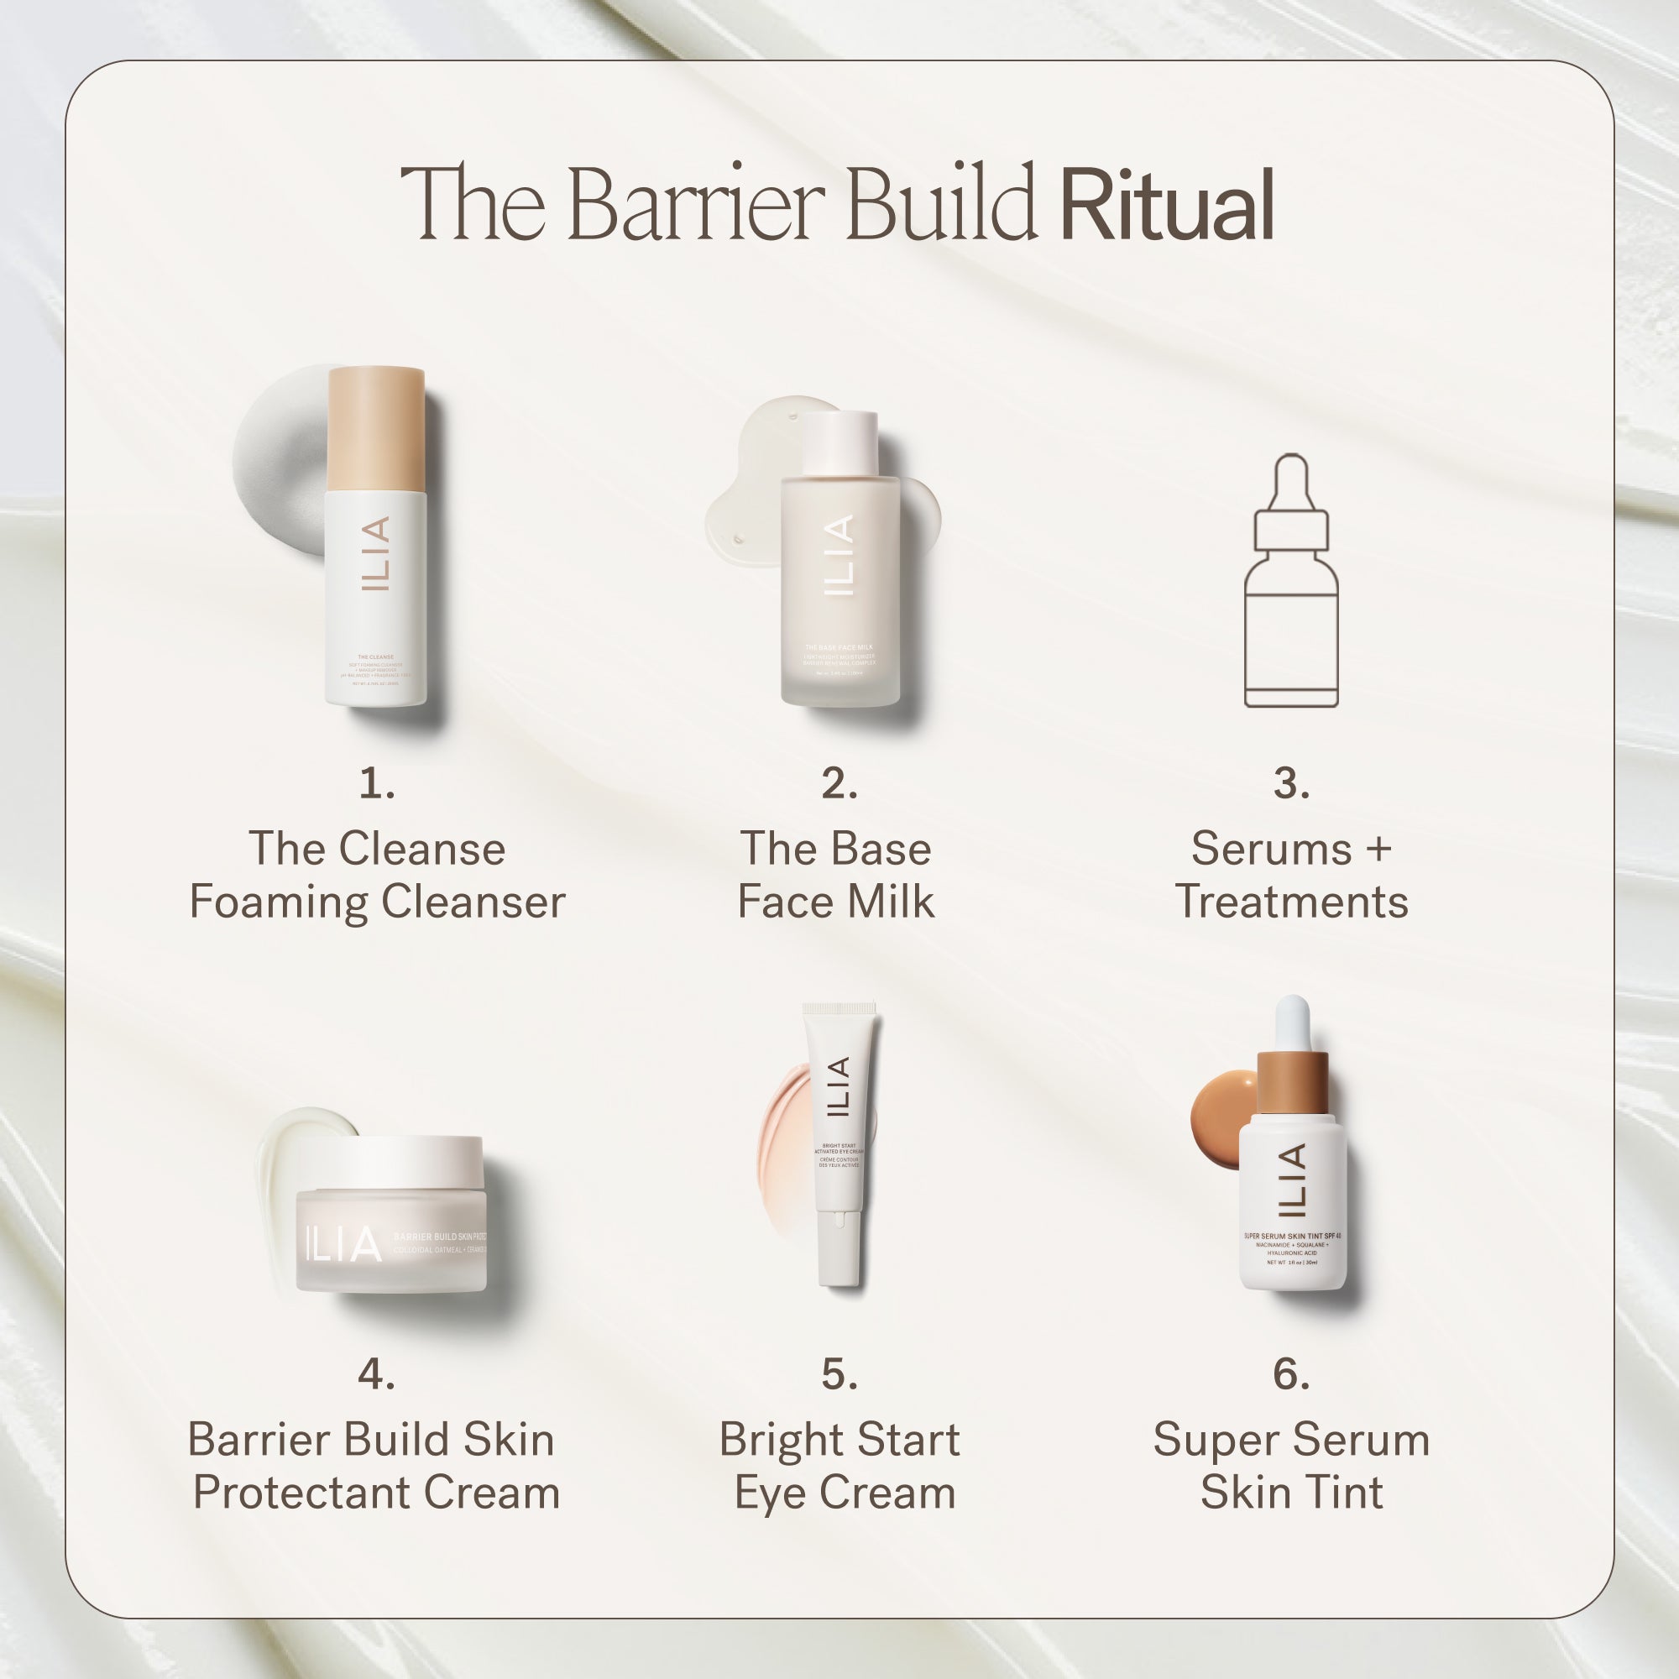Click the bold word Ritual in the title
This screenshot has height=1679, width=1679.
(1167, 205)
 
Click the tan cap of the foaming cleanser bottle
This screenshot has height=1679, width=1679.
(376, 428)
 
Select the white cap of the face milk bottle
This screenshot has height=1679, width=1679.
(840, 443)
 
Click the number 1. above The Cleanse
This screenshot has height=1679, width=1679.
(377, 783)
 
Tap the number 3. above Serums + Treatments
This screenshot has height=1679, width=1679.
(1291, 783)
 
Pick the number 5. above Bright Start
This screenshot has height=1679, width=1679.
(839, 1374)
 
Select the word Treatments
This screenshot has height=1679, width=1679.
(1291, 902)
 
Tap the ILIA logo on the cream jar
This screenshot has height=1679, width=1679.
(343, 1243)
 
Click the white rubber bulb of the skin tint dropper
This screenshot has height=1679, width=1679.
(1292, 1022)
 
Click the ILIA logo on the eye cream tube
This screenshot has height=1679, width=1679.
(837, 1087)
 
